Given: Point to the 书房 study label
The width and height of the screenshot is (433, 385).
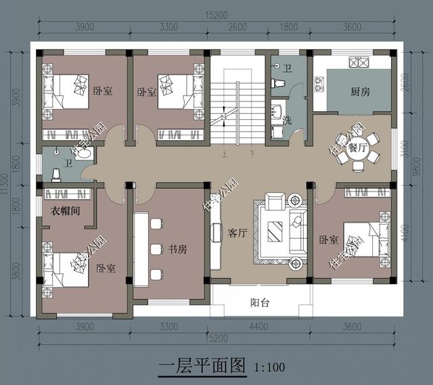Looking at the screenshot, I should (x=177, y=249).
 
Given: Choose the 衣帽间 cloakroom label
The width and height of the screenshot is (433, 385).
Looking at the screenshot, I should (x=66, y=210).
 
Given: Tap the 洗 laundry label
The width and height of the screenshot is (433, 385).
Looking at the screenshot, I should (x=288, y=120).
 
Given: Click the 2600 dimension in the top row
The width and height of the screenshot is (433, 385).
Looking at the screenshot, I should (x=237, y=27).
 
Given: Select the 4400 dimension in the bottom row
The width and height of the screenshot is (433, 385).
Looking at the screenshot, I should (x=261, y=328).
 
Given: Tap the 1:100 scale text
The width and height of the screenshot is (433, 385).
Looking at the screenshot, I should (x=270, y=367).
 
